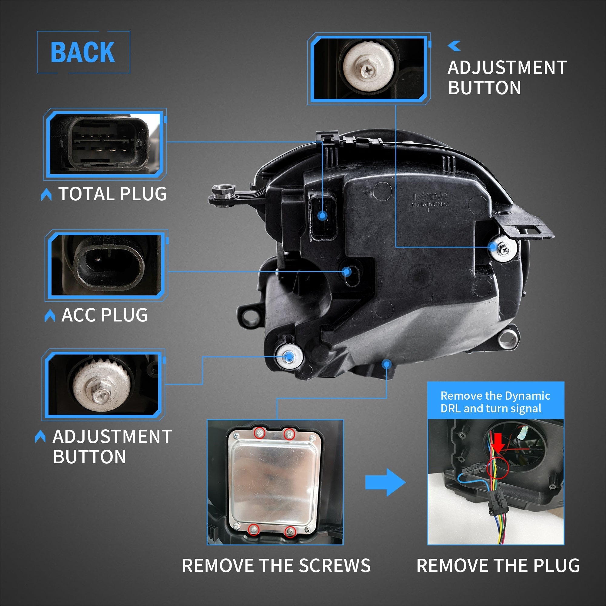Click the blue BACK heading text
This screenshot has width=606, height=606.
[83, 52]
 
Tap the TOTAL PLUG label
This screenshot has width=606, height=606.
[112, 194]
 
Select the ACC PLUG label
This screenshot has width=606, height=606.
[105, 315]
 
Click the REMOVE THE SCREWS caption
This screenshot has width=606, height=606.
[276, 565]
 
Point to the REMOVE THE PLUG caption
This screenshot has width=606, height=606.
[498, 565]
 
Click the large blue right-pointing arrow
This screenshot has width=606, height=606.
[385, 482]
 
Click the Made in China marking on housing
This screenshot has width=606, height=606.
[430, 205]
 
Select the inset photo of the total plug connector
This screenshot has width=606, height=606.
[105, 144]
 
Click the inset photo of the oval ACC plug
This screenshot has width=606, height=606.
[107, 265]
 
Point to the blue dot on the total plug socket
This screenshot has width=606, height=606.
[322, 215]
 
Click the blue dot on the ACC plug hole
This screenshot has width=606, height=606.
[347, 271]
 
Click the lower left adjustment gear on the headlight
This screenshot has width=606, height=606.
[289, 357]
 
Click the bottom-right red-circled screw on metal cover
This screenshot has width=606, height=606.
[291, 531]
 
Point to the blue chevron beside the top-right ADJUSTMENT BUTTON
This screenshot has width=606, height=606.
[454, 46]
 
